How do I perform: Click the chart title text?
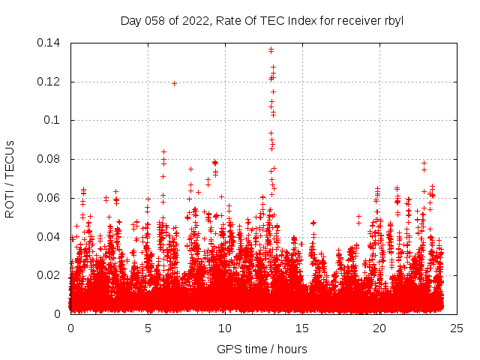262,20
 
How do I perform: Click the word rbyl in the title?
393,20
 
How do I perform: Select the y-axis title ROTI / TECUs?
10,178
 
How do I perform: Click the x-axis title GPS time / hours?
262,349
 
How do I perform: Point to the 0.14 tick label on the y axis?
50,43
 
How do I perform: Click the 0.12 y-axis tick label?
50,82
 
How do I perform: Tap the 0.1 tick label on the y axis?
53,120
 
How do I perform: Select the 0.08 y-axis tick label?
50,159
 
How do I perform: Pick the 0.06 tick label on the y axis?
50,198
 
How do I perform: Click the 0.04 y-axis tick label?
50,237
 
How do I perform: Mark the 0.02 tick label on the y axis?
50,275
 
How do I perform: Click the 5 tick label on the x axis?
148,328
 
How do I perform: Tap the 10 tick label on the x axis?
225,328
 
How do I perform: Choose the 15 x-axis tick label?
302,328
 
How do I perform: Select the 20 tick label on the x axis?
379,328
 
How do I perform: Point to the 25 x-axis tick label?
456,328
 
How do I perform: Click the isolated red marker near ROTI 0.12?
174,83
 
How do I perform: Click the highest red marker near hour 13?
271,49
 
